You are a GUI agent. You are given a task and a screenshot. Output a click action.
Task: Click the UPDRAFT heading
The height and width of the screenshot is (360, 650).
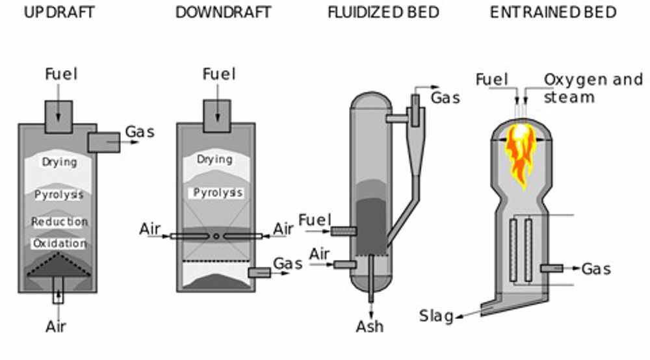coord(59,12)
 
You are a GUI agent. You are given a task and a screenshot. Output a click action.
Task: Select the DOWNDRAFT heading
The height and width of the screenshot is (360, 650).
coord(223,12)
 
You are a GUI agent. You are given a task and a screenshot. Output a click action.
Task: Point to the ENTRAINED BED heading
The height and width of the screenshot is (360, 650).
coord(553,12)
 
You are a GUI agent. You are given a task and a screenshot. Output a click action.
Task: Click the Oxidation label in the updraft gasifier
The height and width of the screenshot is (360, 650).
coord(59,244)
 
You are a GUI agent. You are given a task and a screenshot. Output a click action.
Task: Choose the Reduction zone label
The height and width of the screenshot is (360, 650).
coord(59,222)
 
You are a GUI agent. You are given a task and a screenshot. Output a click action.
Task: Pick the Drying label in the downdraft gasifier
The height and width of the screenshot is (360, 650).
coord(214,159)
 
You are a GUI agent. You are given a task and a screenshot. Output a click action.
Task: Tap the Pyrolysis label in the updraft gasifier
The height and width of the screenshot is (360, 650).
coord(59,194)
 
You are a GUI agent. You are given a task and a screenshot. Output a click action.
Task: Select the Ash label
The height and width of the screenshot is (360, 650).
coord(369,326)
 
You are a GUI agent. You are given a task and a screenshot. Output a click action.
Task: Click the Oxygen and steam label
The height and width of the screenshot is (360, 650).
coord(592,88)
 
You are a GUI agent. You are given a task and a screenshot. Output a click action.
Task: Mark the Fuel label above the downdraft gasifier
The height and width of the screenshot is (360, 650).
coord(218,73)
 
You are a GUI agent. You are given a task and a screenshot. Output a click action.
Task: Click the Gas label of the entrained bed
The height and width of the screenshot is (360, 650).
coord(596,268)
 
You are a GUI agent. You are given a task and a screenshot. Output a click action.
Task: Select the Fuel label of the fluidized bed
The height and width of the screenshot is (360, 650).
coord(315,220)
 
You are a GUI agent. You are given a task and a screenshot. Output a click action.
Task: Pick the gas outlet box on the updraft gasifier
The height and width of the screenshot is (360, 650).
coord(103,142)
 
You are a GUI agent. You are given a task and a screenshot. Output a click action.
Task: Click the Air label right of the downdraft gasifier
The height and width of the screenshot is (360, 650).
coord(283,229)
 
